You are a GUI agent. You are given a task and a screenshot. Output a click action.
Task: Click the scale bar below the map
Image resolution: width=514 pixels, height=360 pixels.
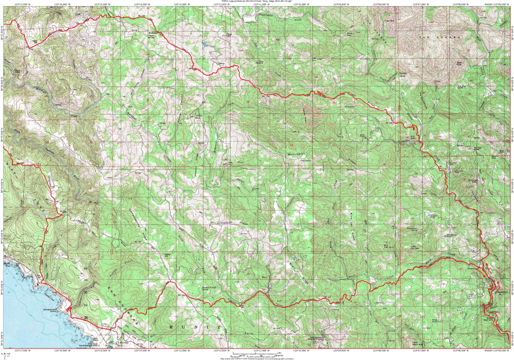(x=256, y=355)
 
